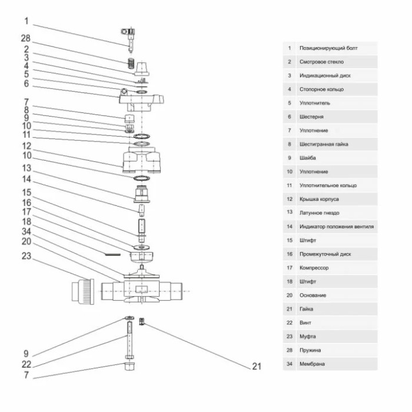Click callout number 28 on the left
[x=26, y=38]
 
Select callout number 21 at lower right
[x=257, y=366]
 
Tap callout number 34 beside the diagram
[x=26, y=232]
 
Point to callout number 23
[x=26, y=256]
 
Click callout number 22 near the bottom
[x=26, y=364]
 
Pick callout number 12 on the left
[x=26, y=146]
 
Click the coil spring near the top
[x=131, y=63]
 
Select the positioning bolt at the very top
[x=129, y=40]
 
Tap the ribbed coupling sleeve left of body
[x=83, y=292]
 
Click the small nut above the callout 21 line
[x=142, y=321]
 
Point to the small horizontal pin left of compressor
[x=113, y=254]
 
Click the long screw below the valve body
[x=129, y=340]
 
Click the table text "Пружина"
[x=310, y=350]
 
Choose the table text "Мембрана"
[x=312, y=364]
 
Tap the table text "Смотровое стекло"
[x=321, y=62]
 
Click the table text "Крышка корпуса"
[x=319, y=199]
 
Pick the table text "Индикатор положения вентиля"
[x=337, y=227]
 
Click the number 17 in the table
[x=290, y=268]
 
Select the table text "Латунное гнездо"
[x=319, y=213]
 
